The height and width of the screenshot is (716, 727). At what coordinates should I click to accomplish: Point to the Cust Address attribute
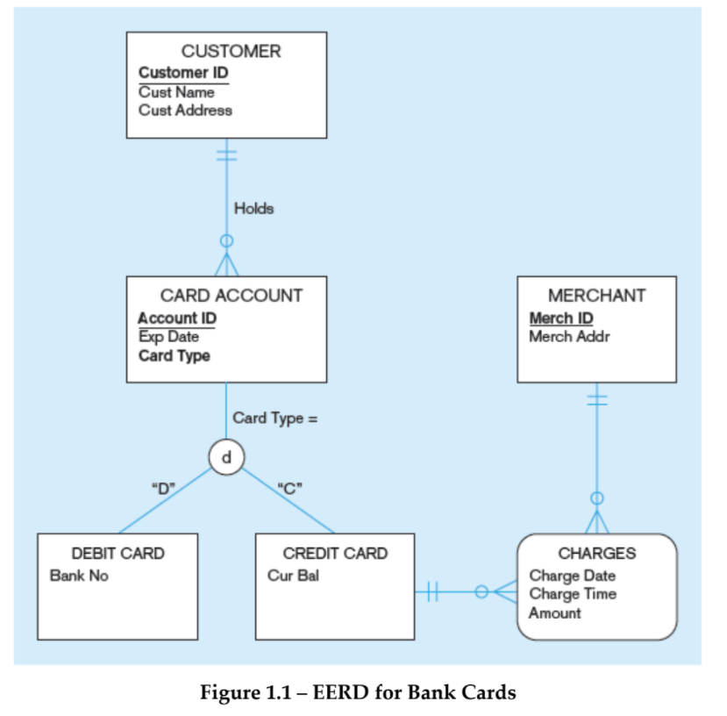[185, 111]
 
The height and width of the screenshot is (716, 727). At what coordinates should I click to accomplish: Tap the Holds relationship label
[253, 209]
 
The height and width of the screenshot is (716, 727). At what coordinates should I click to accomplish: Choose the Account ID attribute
[177, 318]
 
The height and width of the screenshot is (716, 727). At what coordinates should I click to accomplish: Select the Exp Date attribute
[168, 337]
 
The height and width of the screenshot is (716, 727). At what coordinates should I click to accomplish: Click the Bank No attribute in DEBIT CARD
[79, 576]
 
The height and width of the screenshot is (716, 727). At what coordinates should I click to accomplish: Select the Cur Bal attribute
[293, 576]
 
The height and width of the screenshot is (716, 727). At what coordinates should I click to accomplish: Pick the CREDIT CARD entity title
[335, 554]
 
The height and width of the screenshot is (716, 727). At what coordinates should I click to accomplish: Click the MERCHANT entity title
[596, 296]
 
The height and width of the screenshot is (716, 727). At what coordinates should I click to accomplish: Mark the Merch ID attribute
[561, 318]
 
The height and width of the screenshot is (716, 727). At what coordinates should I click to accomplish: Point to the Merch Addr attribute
[569, 337]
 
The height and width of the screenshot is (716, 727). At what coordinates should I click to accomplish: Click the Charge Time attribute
[572, 594]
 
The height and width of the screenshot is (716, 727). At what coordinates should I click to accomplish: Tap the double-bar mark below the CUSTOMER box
[227, 154]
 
